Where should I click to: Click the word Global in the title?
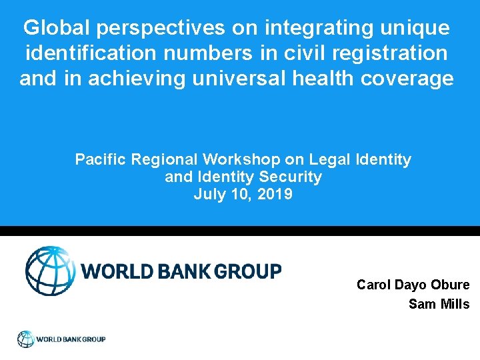tap(57, 28)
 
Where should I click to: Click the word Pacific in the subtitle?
tap(101, 160)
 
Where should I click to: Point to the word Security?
tap(291, 178)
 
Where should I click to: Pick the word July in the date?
tap(208, 195)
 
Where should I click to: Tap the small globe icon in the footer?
tap(25, 339)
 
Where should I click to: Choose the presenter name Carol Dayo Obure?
tap(413, 285)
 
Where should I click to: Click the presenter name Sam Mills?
tap(439, 305)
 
